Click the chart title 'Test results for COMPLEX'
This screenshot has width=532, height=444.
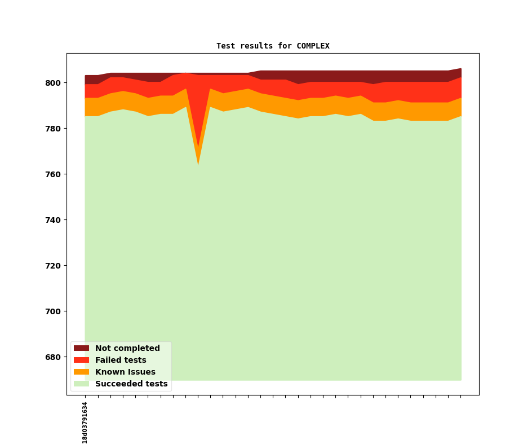pos(273,46)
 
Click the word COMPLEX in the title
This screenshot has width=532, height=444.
pos(313,46)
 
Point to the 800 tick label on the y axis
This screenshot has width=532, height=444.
pos(53,83)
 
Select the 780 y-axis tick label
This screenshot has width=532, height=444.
pos(53,129)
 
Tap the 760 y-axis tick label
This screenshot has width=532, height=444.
pos(53,174)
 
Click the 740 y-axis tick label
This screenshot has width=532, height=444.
pos(53,220)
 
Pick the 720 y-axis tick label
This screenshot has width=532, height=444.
pos(53,266)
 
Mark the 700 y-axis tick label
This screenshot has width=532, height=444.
pos(53,311)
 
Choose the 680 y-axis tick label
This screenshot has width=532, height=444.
pos(53,357)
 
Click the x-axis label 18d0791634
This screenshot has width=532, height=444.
pos(85,422)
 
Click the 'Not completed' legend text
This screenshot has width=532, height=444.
pos(127,349)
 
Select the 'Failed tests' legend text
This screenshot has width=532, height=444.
pos(121,361)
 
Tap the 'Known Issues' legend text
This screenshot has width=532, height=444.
pos(125,372)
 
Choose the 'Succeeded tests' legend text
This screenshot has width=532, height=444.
pos(131,384)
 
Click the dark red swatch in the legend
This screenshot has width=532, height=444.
pos(81,349)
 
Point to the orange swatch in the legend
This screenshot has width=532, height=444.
pos(81,372)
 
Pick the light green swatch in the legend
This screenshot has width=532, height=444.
pos(81,384)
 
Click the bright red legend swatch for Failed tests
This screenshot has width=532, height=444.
pos(81,361)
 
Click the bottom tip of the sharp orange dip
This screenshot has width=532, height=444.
pos(198,164)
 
